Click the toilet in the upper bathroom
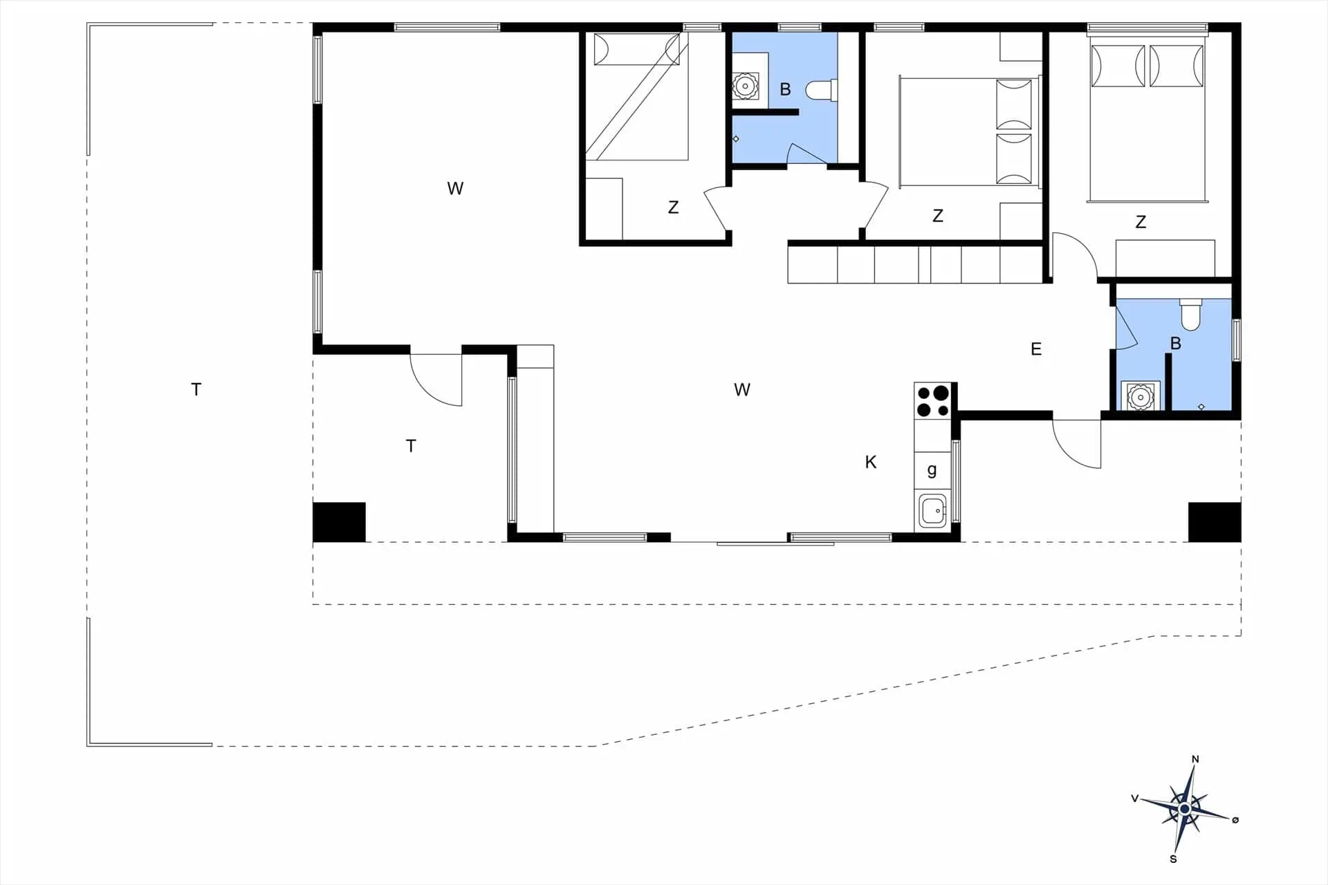(x=822, y=91)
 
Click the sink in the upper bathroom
(x=744, y=86)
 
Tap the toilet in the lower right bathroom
(x=1190, y=315)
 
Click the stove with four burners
(x=933, y=401)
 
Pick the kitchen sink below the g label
(x=932, y=511)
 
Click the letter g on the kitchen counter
(x=932, y=471)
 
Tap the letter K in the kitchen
(x=871, y=462)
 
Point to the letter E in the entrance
(x=1036, y=349)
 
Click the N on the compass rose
(x=1195, y=759)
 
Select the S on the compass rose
(x=1173, y=859)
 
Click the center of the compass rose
(x=1185, y=809)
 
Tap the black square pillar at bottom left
(x=339, y=522)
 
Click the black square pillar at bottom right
(x=1215, y=522)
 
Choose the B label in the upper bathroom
(x=785, y=89)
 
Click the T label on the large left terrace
(x=196, y=389)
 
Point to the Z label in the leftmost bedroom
(x=673, y=207)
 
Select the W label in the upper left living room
(x=455, y=188)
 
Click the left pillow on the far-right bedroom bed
(x=1118, y=66)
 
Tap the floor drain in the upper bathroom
(x=736, y=139)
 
